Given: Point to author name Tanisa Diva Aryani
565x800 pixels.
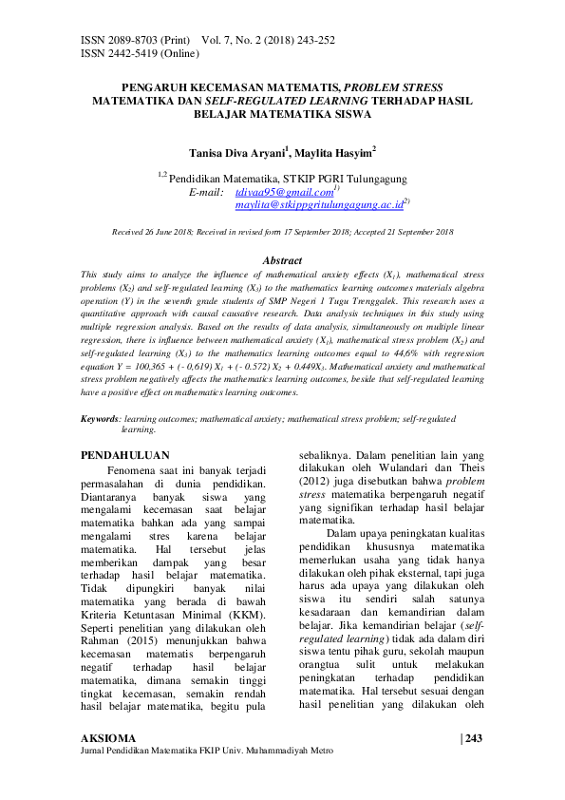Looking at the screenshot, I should pyautogui.click(x=238, y=151).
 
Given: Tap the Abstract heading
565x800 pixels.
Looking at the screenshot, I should pyautogui.click(x=282, y=260).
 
